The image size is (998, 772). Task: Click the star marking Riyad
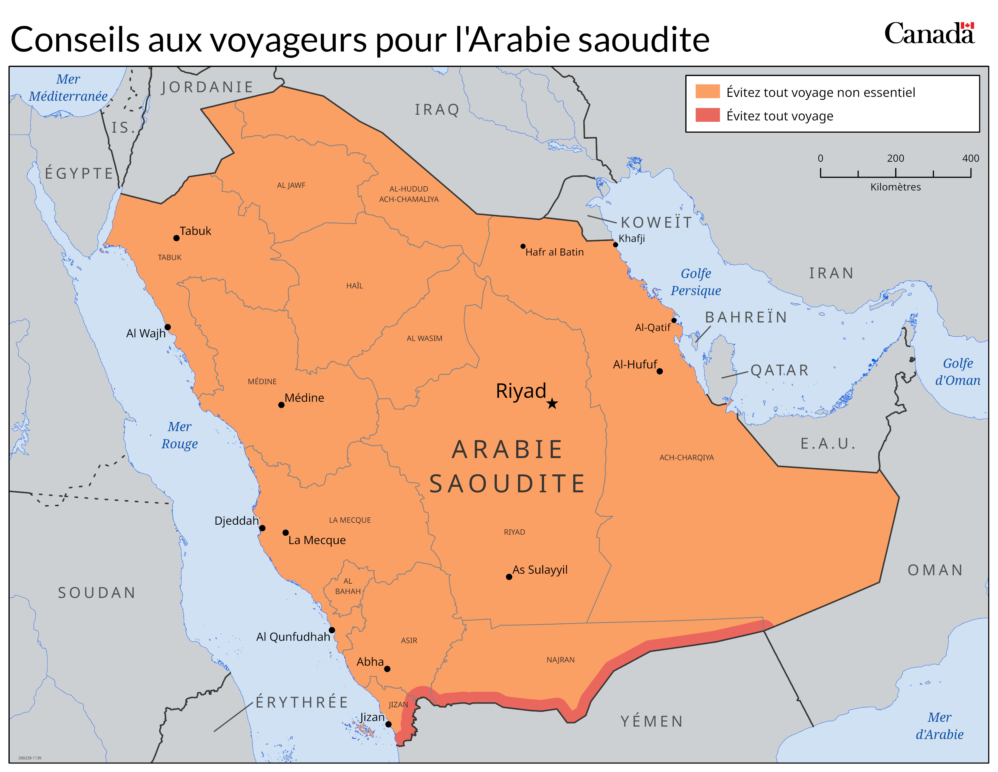(552, 403)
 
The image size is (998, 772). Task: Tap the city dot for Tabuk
(176, 238)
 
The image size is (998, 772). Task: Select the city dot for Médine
(281, 405)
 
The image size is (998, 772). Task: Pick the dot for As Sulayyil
(509, 577)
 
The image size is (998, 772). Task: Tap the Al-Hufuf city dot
(659, 371)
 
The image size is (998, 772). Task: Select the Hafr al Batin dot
(523, 246)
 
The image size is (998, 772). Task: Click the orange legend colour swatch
(707, 91)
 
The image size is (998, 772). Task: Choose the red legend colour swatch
(707, 115)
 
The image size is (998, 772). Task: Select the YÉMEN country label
(652, 721)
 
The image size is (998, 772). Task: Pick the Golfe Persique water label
(696, 282)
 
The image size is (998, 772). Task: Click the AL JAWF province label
(291, 185)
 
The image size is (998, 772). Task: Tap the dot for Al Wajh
(168, 327)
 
